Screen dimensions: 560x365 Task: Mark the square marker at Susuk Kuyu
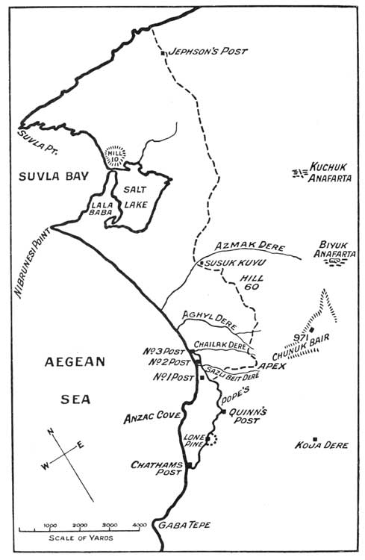click(200, 264)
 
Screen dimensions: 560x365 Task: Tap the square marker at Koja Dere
click(315, 439)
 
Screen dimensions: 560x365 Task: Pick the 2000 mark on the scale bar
click(80, 526)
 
